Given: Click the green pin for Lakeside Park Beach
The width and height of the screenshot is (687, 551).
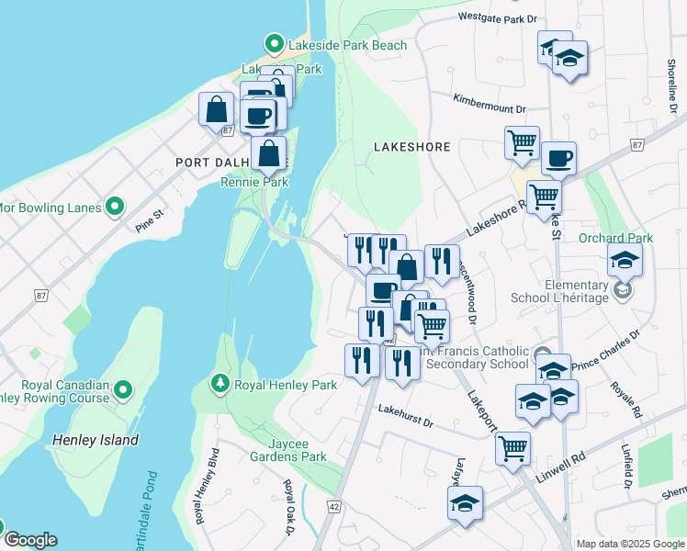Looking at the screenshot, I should pyautogui.click(x=273, y=43).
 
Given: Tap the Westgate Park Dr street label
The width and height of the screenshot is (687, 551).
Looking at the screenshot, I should pyautogui.click(x=497, y=17).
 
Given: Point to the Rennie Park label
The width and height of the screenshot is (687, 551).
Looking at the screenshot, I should pyautogui.click(x=253, y=182).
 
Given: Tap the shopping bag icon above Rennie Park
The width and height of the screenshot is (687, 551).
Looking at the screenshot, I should pyautogui.click(x=268, y=153).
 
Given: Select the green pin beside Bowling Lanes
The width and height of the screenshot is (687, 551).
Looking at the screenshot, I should pyautogui.click(x=115, y=207).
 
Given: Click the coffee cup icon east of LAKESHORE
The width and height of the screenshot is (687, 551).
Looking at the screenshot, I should pyautogui.click(x=558, y=159).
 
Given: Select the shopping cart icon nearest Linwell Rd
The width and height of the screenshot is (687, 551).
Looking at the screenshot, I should pyautogui.click(x=512, y=448).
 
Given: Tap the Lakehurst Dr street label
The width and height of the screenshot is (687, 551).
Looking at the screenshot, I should pyautogui.click(x=405, y=415).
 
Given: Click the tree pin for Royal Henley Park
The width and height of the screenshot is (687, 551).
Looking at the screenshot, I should pyautogui.click(x=220, y=382).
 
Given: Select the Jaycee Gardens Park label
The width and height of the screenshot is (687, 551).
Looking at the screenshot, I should pyautogui.click(x=289, y=455).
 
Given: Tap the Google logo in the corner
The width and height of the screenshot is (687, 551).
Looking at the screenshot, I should pyautogui.click(x=29, y=540).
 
